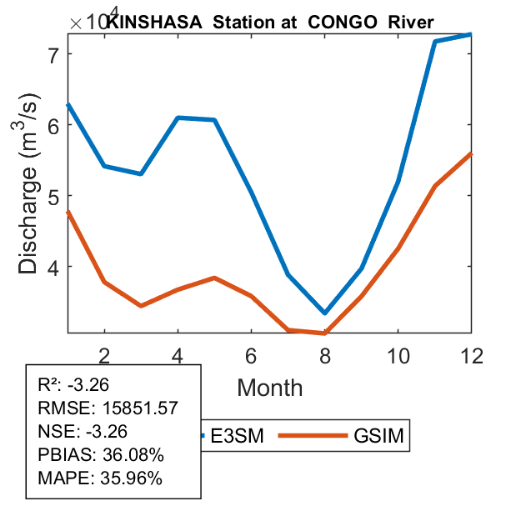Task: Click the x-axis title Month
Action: pos(269,387)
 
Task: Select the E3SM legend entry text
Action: pos(237,435)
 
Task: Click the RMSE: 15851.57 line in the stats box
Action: pos(108,408)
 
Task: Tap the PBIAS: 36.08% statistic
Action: pos(101,455)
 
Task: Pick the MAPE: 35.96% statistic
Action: pos(100,478)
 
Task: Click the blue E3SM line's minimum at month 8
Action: pos(324,313)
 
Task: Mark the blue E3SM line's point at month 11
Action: pos(435,41)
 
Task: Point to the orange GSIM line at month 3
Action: pos(141,306)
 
